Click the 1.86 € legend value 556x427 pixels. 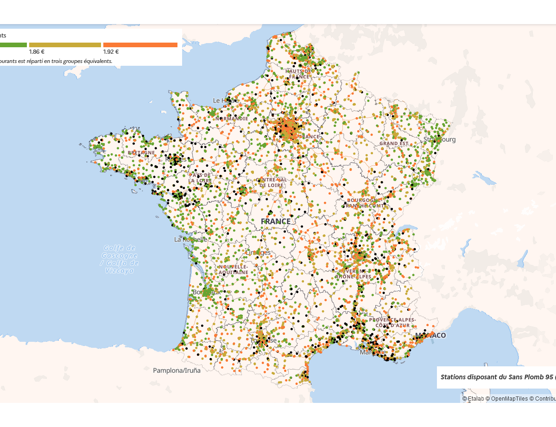37,52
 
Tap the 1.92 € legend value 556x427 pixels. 111,52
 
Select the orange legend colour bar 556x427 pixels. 140,45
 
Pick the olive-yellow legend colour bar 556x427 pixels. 65,45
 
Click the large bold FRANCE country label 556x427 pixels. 276,221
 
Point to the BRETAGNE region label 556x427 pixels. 141,152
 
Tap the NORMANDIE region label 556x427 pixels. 231,119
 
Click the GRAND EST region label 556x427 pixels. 394,144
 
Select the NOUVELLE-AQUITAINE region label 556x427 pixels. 234,270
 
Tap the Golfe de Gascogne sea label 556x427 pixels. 120,259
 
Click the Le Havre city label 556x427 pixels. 225,100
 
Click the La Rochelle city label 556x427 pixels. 190,239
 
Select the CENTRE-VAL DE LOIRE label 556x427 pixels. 271,182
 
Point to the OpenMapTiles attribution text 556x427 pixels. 509,399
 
